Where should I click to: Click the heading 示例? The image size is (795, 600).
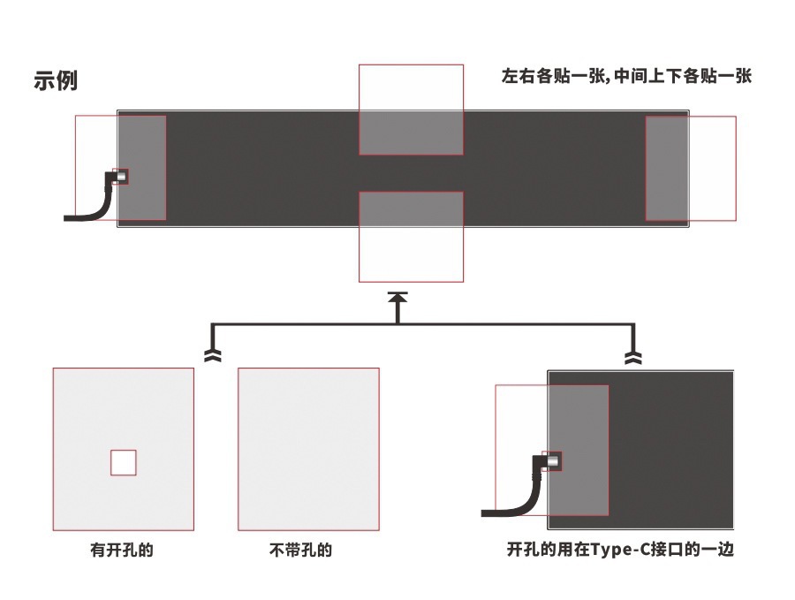pyautogui.click(x=56, y=80)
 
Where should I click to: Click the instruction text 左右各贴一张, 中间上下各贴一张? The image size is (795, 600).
pyautogui.click(x=625, y=77)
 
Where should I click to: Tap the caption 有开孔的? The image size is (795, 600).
pyautogui.click(x=122, y=550)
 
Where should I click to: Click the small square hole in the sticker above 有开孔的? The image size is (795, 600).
pyautogui.click(x=124, y=462)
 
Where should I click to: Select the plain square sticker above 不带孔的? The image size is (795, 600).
pyautogui.click(x=308, y=449)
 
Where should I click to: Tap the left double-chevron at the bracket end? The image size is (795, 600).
pyautogui.click(x=213, y=355)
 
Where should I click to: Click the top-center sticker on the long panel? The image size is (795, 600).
pyautogui.click(x=411, y=110)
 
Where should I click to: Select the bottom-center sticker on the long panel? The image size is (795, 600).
pyautogui.click(x=411, y=236)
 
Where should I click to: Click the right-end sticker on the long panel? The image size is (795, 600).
pyautogui.click(x=691, y=168)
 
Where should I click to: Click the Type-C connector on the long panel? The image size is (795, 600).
pyautogui.click(x=120, y=176)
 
